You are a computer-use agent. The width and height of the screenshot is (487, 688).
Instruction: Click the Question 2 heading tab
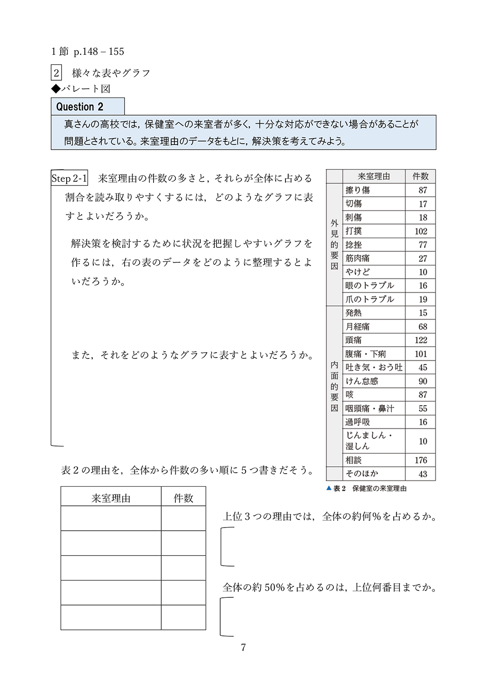click(80, 107)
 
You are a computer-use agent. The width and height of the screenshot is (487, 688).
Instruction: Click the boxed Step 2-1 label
click(69, 178)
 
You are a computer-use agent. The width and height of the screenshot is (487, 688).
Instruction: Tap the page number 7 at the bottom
click(243, 647)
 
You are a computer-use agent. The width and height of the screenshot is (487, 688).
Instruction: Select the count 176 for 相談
click(421, 460)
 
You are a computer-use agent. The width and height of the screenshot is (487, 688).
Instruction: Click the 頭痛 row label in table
click(354, 340)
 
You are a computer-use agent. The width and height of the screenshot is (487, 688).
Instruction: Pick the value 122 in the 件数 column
click(421, 340)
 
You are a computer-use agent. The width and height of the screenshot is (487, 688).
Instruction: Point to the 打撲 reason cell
click(354, 231)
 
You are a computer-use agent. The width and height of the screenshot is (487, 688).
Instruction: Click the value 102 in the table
click(421, 231)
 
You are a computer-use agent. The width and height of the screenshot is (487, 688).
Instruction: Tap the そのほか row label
click(362, 474)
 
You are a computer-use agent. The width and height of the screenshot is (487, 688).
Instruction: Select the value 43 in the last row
click(423, 474)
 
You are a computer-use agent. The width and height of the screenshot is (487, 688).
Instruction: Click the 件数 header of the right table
click(420, 176)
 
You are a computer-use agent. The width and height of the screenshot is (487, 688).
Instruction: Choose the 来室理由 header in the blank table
click(111, 498)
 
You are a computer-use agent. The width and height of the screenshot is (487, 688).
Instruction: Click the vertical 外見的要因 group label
click(334, 244)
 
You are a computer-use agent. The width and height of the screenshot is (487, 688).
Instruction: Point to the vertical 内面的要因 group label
click(334, 386)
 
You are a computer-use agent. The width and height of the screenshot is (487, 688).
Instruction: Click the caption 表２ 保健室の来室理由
click(366, 489)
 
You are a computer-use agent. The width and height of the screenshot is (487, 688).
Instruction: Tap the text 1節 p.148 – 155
click(87, 52)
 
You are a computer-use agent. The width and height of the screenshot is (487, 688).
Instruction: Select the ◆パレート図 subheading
click(81, 89)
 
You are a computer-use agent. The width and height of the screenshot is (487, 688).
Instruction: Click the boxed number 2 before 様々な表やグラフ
click(56, 73)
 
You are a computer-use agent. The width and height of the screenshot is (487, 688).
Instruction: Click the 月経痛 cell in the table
click(357, 326)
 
